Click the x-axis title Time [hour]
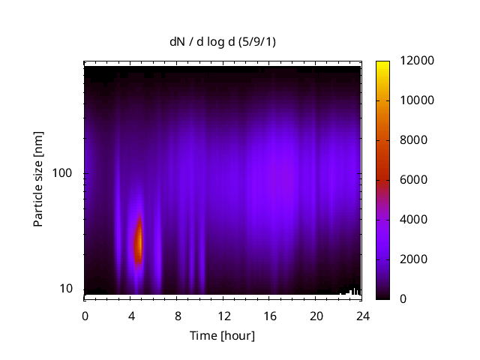(x=222, y=335)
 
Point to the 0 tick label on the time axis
(x=85, y=316)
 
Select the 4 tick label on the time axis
(x=131, y=316)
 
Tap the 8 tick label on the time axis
(x=178, y=316)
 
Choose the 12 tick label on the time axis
(x=223, y=316)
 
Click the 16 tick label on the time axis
(x=270, y=316)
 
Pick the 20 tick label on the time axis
(x=316, y=316)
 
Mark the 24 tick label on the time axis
(x=363, y=316)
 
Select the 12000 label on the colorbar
(x=418, y=61)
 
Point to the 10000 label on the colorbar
(x=418, y=100)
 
